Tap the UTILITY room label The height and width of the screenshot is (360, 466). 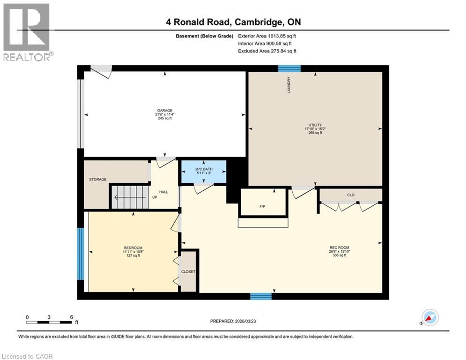tap(315, 125)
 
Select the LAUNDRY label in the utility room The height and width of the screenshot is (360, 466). tap(289, 85)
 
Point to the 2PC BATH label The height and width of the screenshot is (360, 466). tap(204, 168)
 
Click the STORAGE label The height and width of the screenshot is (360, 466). tap(98, 180)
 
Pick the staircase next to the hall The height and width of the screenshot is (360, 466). tap(129, 196)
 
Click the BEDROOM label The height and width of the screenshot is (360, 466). tap(133, 248)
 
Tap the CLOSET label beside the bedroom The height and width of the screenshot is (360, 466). tap(188, 271)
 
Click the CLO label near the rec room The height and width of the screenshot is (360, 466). tap(350, 195)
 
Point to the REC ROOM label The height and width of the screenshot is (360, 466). tap(339, 247)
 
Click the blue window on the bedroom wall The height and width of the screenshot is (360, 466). tap(80, 253)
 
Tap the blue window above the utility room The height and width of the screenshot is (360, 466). tap(289, 68)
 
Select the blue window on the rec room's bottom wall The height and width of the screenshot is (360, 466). tap(261, 296)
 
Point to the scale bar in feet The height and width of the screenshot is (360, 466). tap(50, 322)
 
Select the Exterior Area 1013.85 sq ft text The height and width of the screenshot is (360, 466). tap(267, 36)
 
